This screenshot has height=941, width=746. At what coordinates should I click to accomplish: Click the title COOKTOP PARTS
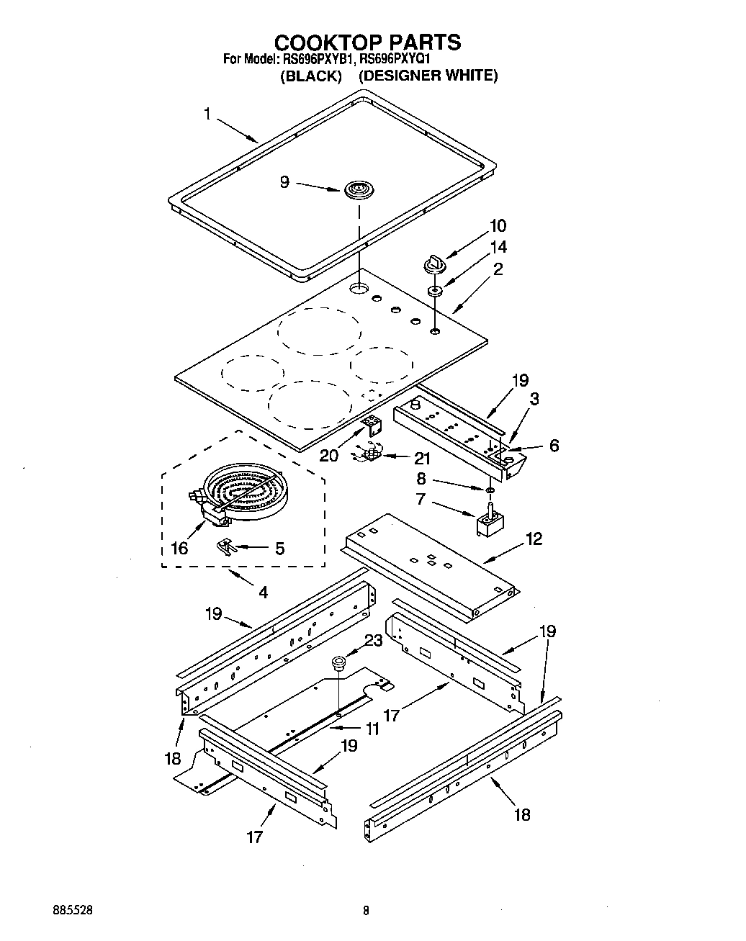[x=367, y=42]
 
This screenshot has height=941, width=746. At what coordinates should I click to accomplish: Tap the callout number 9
[x=284, y=183]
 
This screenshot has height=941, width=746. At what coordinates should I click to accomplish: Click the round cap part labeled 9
[x=356, y=191]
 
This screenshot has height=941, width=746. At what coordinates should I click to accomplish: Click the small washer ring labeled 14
[x=435, y=292]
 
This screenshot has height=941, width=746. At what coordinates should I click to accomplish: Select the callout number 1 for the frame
[x=207, y=114]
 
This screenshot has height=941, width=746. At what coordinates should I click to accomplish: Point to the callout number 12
[x=534, y=539]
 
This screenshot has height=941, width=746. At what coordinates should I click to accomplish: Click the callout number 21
[x=422, y=459]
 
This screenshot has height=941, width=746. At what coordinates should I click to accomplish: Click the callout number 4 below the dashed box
[x=263, y=593]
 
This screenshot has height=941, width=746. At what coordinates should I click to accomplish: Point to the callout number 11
[x=372, y=729]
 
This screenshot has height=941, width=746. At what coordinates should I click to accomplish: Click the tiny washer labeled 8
[x=490, y=490]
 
